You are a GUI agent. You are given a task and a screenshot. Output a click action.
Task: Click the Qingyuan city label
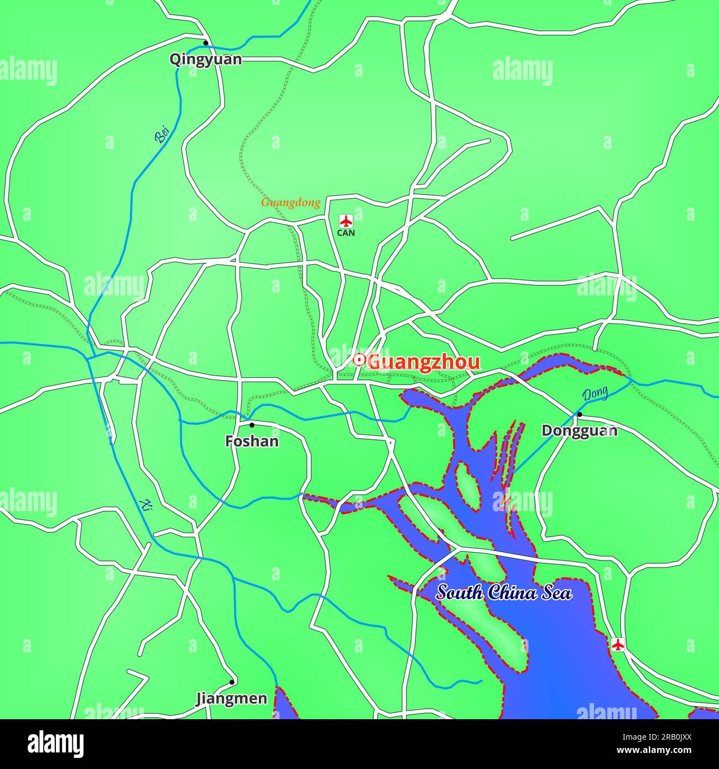point(206,59)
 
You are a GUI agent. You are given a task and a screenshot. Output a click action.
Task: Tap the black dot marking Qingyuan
point(206,43)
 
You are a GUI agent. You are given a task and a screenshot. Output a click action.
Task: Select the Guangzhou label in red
point(424,362)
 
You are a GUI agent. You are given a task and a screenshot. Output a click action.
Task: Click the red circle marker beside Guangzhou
point(359,361)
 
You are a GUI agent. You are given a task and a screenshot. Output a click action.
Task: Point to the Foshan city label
point(252,441)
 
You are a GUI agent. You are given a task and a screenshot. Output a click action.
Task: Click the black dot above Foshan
point(252,425)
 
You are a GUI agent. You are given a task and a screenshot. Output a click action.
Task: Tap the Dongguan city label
point(579,430)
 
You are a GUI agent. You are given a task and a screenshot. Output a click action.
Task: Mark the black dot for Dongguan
point(580,414)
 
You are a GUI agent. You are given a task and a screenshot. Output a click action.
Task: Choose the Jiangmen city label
point(232,699)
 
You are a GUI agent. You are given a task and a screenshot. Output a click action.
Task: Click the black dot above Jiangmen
point(232,682)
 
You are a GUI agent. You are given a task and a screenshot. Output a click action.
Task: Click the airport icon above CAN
point(346,221)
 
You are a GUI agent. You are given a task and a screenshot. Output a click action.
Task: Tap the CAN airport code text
point(346,233)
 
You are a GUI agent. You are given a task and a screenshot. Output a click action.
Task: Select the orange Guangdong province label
point(290,202)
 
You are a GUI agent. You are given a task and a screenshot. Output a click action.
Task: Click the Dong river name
point(595,394)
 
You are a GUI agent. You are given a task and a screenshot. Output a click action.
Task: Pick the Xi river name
point(146,505)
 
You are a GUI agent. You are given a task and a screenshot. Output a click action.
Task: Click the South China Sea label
point(504,593)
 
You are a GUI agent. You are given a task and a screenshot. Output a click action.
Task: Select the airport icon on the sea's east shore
point(618,644)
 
